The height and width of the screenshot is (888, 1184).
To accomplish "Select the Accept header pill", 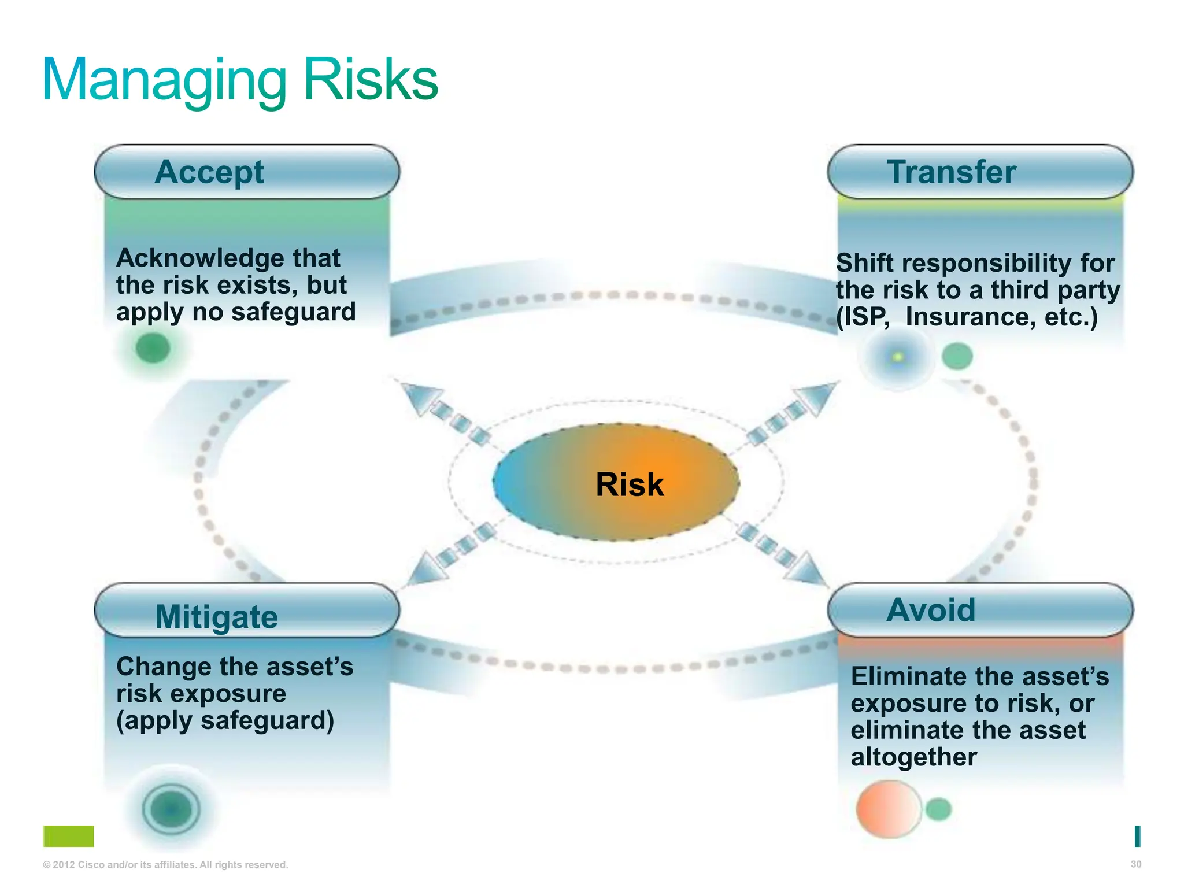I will (x=247, y=172).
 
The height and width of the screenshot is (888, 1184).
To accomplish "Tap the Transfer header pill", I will (x=980, y=172).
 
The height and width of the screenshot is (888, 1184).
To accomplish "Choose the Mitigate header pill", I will (x=247, y=615).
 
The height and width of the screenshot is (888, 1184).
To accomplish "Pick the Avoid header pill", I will (x=980, y=610).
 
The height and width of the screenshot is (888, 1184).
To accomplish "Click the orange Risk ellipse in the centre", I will (x=616, y=483).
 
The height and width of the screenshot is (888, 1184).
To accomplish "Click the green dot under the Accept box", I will (x=153, y=348).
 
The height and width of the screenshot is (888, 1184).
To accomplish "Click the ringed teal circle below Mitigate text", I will (x=171, y=809).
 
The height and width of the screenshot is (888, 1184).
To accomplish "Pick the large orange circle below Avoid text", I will (x=888, y=809).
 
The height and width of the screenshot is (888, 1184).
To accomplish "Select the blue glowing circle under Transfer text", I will (x=897, y=357).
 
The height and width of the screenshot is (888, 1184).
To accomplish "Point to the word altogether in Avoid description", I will (x=913, y=757).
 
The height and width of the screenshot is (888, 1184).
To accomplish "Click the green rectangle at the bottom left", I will (x=68, y=836).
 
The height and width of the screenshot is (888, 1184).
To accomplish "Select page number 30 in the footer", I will (x=1135, y=864).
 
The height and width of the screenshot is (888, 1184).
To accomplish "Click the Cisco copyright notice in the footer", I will (x=165, y=865).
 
